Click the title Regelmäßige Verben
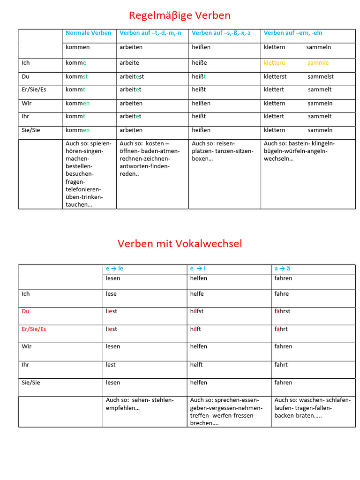click(180, 15)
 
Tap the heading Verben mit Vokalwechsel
click(180, 244)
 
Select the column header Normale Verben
click(89, 33)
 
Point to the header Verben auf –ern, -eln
click(293, 33)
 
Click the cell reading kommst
click(77, 76)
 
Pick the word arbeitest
click(132, 76)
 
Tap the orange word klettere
click(274, 63)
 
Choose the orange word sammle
click(318, 63)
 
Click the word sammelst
click(321, 76)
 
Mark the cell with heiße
click(199, 63)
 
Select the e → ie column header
click(114, 269)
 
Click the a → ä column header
click(282, 269)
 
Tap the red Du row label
click(25, 311)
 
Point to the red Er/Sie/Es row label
click(34, 329)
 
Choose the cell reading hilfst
click(197, 311)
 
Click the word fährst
click(282, 311)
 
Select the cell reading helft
click(196, 365)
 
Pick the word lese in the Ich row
click(111, 294)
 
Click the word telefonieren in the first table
click(84, 189)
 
